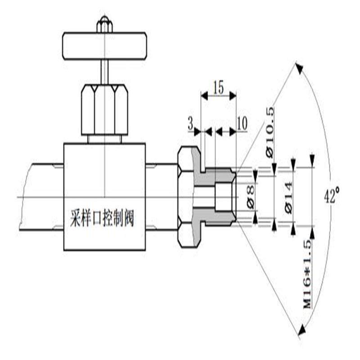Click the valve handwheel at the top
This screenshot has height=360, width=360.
point(104,46)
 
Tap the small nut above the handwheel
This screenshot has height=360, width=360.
point(104,25)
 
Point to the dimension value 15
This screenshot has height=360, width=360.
point(218,88)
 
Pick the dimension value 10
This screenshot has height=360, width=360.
point(242,124)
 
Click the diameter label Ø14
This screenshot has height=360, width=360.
point(288,197)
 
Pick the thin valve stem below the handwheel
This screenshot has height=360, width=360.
point(104,72)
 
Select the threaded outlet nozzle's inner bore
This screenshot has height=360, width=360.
point(224,197)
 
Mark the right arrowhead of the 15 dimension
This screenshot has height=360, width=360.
point(233,95)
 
